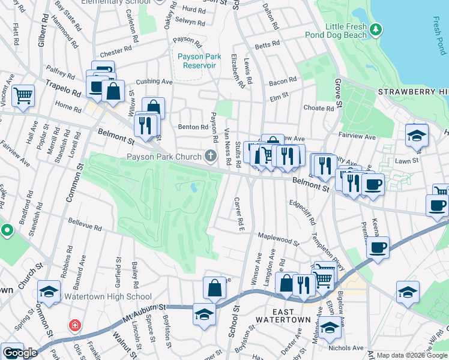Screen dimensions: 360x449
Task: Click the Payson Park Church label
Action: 163,158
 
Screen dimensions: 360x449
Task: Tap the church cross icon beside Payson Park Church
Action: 210,157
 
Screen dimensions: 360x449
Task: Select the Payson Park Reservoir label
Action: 199,61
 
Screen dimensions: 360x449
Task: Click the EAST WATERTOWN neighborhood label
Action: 283,316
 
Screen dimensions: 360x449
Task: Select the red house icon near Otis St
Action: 75,326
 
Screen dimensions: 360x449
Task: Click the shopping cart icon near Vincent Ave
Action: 23,95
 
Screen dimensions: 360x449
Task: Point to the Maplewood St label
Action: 278,239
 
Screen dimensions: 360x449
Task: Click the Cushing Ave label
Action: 154,82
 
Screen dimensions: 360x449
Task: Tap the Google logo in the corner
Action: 20,353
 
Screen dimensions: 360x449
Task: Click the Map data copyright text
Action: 412,355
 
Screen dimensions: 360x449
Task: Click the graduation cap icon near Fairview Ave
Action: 416,135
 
